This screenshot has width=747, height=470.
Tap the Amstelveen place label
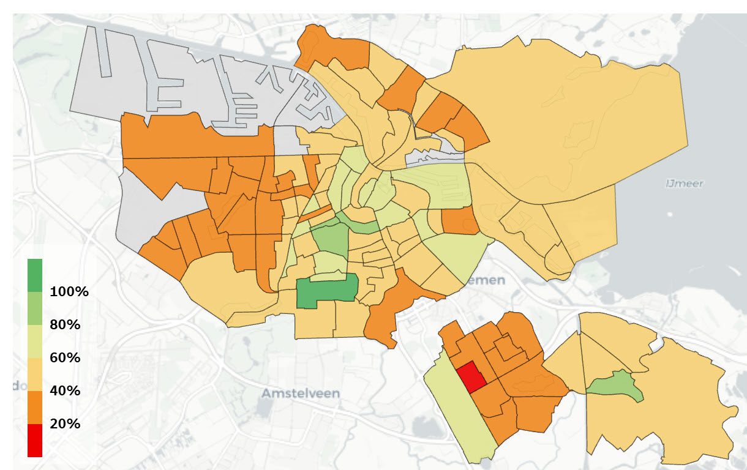300,393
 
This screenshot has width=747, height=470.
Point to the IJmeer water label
684,183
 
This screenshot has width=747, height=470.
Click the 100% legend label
69,291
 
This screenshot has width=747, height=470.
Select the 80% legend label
65,324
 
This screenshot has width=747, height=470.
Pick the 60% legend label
65,357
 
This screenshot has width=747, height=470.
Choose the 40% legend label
65,390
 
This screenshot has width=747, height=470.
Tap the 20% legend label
65,423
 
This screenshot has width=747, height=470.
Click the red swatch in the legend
35,440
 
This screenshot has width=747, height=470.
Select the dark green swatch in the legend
35,275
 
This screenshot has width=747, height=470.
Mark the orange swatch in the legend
35,407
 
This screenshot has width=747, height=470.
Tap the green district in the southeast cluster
615,386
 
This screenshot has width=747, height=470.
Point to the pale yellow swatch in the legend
35,341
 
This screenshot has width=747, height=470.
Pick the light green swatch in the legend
35,308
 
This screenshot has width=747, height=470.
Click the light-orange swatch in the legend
35,374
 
